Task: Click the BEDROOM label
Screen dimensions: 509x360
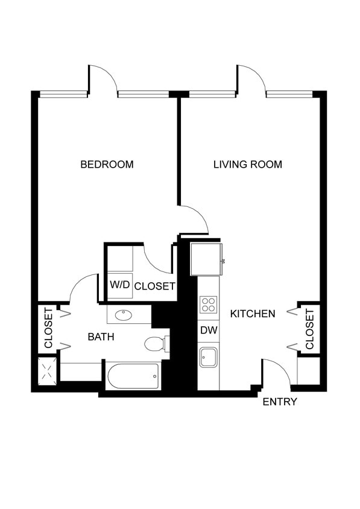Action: point(107,164)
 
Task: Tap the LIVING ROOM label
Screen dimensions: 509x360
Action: point(247,164)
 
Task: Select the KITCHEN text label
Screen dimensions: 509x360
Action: point(253,314)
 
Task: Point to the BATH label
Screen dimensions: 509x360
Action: point(101,337)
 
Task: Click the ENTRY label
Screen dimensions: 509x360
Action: point(279,402)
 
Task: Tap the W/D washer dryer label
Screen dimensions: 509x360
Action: point(119,285)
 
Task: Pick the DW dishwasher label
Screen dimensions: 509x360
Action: point(209,330)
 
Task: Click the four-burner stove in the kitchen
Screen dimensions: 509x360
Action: point(209,304)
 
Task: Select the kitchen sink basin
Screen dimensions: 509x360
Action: point(209,357)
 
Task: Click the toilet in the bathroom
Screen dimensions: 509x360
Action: point(155,344)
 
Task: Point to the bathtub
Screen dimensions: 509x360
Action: point(133,376)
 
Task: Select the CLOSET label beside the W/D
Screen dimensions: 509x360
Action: point(154,286)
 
